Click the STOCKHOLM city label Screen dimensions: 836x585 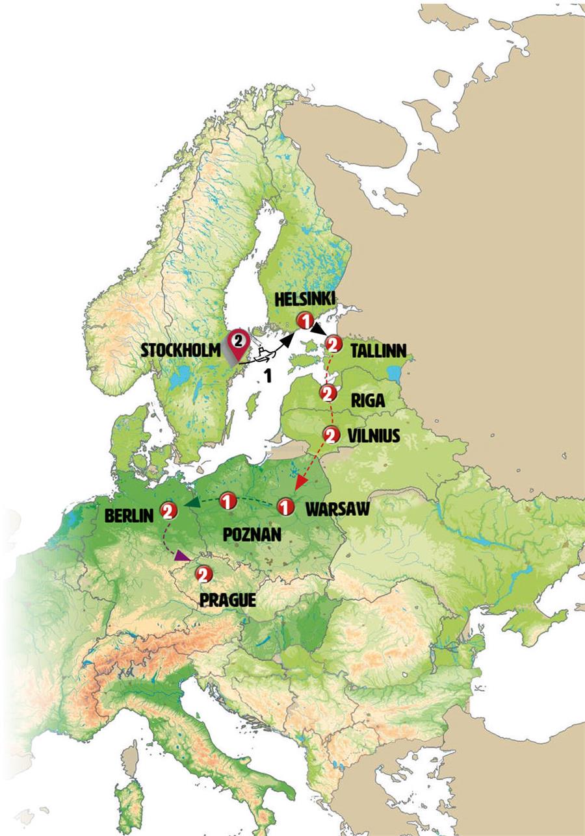pos(181,351)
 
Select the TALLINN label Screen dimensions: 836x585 pos(378,351)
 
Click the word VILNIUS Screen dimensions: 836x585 pos(375,437)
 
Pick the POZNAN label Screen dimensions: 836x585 pos(252,535)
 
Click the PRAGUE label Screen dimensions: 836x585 pos(227,600)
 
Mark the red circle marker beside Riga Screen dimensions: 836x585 pos(328,393)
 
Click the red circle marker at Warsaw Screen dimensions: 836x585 pos(285,506)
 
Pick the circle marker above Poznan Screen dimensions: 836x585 pos(227,501)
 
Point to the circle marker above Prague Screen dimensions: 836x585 pos(204,574)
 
